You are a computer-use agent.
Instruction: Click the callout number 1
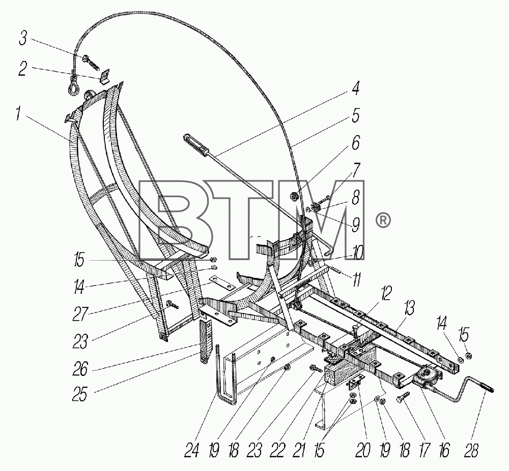19,115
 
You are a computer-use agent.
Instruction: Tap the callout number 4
356,88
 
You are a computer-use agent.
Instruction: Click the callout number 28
471,450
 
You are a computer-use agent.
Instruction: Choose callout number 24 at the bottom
191,450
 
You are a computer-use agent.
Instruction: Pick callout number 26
80,369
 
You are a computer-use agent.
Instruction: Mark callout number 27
80,314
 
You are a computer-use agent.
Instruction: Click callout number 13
409,308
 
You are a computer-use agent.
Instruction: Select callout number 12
386,293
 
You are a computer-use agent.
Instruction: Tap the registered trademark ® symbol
383,221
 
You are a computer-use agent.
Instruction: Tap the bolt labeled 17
403,396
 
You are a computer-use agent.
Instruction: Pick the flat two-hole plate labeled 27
222,284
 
